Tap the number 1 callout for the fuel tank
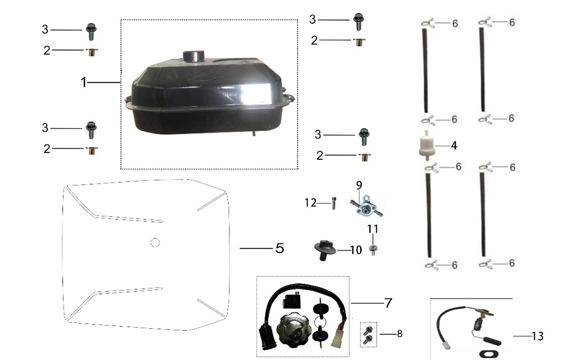84,82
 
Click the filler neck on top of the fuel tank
192,57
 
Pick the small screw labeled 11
372,250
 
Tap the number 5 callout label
279,249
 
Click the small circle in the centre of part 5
155,242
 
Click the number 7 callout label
388,303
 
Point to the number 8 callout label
399,333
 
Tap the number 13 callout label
538,337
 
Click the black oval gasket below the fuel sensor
488,353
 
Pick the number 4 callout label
453,146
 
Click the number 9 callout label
359,185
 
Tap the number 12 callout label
311,202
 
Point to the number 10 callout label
356,250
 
